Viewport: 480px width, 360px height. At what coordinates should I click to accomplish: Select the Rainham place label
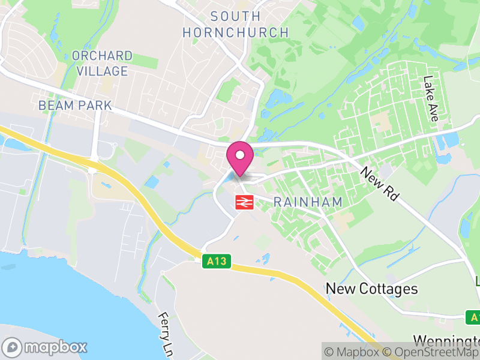coord(308,202)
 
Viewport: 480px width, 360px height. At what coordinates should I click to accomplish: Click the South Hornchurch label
coord(236,25)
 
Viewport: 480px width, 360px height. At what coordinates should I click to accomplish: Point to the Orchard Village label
coord(101,64)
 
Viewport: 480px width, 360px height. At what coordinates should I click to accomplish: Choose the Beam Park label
coord(75,106)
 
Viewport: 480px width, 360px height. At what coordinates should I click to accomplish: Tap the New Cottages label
coord(371,289)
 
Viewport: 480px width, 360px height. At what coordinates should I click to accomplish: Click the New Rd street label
coord(380,184)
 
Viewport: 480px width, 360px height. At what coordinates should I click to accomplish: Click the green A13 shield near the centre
coord(216,262)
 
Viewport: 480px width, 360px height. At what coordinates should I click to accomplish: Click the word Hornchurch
coord(236,32)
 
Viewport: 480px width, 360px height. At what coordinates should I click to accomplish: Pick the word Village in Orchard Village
coord(101,71)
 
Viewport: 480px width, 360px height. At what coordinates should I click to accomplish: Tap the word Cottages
coord(388,289)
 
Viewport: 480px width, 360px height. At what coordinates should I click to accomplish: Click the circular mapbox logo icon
coord(12,347)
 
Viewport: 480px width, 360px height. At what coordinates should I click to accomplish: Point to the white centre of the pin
coord(240,154)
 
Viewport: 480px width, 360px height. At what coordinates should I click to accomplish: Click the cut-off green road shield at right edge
coord(474,317)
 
